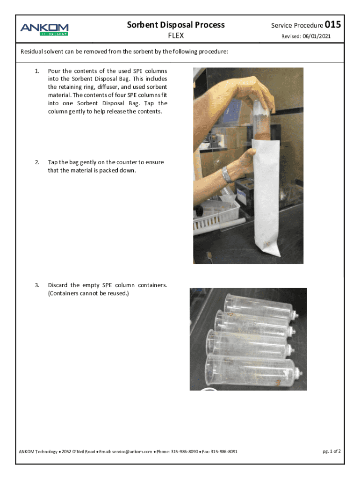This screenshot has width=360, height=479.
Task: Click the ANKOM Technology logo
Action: pos(44,29)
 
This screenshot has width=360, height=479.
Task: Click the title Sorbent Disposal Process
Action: pos(176,25)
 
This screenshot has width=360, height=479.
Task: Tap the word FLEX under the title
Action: pos(176,36)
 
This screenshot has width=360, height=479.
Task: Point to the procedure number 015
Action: pos(333,24)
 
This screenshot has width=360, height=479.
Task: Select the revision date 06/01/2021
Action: pos(317,36)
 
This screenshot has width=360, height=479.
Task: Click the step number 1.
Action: pos(37,71)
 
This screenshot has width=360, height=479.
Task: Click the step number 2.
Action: pos(37,162)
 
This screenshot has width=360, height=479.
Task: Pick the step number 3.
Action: pos(37,285)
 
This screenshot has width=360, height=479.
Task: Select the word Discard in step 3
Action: pos(58,285)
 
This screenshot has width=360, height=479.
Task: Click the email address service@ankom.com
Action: pos(132,451)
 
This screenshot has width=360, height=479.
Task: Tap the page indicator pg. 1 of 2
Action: pos(331,451)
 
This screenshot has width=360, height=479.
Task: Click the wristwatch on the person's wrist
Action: pos(228,175)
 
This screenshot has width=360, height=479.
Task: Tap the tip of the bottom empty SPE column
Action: pos(301,374)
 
